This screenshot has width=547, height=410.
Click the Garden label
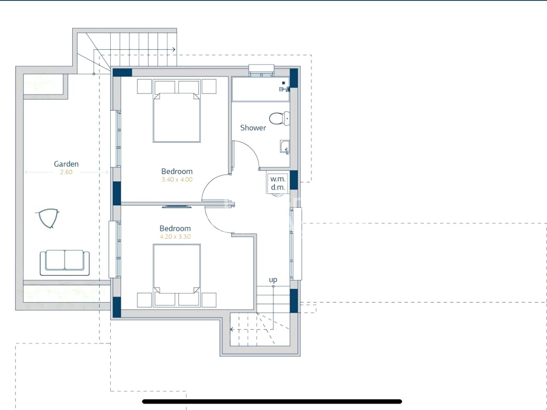point(66,164)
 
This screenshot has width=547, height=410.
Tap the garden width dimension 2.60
point(66,172)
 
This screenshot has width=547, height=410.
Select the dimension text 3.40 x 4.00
point(177,180)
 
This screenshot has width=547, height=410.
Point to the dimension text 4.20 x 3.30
point(175,236)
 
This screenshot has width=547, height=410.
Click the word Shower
point(253,128)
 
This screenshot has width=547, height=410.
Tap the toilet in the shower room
point(279,118)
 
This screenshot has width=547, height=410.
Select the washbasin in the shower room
point(285,147)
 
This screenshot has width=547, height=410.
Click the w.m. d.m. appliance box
point(278,183)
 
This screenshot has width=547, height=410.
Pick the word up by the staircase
point(273,280)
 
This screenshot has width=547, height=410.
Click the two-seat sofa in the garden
point(65,263)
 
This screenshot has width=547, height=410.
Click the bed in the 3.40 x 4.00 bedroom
point(176,111)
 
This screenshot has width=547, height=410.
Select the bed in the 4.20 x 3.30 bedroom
point(176,275)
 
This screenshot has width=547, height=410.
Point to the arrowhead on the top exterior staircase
point(174,49)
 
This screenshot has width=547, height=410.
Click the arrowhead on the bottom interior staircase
point(231,330)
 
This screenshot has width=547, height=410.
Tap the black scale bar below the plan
point(272,401)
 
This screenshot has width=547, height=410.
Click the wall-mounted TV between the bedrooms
point(176,206)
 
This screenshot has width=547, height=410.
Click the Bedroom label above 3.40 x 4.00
point(177,171)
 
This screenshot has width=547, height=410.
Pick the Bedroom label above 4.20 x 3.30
point(175,229)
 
